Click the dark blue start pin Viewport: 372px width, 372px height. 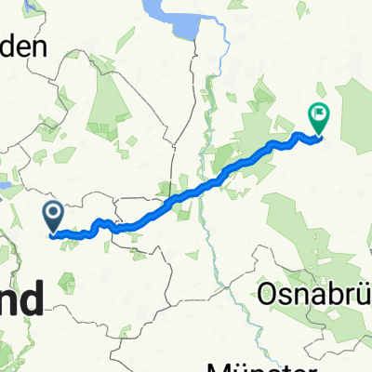coord(53,217)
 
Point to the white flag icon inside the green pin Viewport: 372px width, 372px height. coord(319,115)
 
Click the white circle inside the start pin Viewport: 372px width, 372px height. coord(53,215)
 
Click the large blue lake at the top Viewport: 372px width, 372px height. coord(177,18)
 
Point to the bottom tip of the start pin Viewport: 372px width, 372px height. coord(53,232)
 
